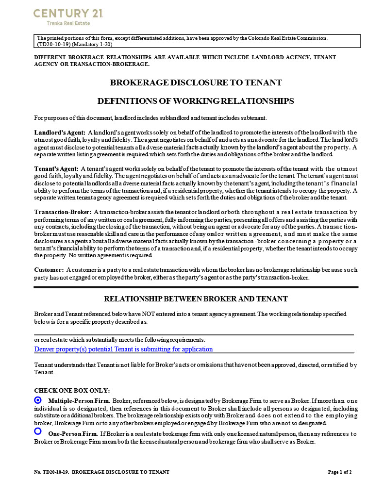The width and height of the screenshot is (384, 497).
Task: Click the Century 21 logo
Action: click(61, 13)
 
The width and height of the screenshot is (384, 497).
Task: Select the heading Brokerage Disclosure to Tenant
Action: click(196, 83)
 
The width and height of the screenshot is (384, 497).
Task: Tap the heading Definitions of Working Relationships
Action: click(196, 101)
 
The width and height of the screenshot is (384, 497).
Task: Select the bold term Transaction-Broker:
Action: click(63, 212)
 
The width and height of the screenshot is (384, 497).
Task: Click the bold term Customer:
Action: click(49, 269)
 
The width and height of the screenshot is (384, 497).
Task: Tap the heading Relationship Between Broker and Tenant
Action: click(196, 298)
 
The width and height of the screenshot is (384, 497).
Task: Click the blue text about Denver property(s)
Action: click(123, 349)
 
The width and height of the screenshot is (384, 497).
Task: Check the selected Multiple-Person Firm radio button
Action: click(38, 400)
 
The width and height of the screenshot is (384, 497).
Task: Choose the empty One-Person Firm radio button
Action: click(38, 431)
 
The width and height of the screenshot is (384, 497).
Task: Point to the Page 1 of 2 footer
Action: click(340, 472)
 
